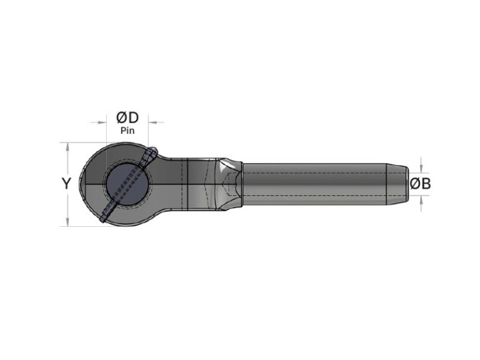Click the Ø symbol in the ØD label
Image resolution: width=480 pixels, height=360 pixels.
click(122, 117)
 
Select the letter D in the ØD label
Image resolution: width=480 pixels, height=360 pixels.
click(133, 117)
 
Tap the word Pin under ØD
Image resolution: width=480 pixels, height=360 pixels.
click(127, 131)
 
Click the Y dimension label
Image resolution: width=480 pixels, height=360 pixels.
click(66, 184)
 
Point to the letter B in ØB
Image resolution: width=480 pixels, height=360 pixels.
click(425, 184)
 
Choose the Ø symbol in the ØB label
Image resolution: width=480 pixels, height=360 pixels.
click(414, 184)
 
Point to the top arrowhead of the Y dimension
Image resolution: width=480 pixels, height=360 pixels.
click(67, 146)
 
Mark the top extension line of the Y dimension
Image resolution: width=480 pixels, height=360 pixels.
click(81, 142)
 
